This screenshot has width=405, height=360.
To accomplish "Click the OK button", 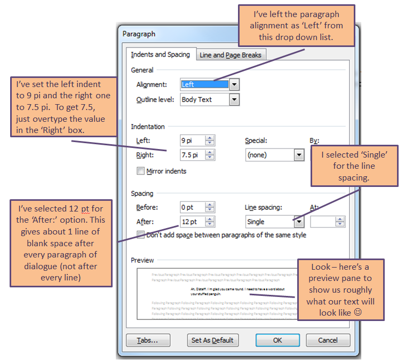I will coord(277,340).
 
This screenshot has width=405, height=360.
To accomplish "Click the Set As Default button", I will coord(212,340).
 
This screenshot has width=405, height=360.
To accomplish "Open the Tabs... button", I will coord(148,340).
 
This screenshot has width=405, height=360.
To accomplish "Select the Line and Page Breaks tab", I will coord(230,55).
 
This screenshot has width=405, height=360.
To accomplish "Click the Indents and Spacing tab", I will coord(161,54).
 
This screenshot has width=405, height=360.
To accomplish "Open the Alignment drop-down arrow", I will coord(234,84).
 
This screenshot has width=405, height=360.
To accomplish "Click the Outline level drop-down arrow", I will coord(234,99).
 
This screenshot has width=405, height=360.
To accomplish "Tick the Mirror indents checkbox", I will coord(141,171).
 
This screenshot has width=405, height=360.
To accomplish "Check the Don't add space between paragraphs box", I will coord(141,234).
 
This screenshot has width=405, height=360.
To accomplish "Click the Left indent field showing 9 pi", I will coord(193,141).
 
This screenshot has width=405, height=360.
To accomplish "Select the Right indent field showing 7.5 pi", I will coord(193,155).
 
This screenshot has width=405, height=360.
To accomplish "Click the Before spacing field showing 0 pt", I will coord(193,207).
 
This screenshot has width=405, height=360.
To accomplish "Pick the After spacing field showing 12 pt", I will coord(193,222).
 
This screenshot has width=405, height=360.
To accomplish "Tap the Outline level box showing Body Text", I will coord(205,99).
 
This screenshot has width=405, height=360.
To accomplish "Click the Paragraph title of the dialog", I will coord(139,34).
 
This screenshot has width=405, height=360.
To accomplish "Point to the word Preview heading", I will coord(142,260).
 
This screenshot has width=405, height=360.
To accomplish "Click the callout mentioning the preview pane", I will coord(340,290).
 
